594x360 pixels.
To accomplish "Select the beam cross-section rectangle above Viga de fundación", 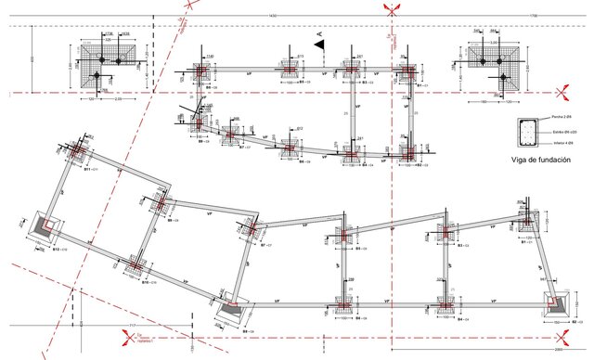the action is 525,134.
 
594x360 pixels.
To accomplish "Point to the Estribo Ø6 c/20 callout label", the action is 561,133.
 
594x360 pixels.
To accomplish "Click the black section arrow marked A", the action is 319,44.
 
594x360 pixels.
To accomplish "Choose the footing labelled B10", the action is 135,268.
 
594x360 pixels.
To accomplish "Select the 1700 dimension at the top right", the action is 559,16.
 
